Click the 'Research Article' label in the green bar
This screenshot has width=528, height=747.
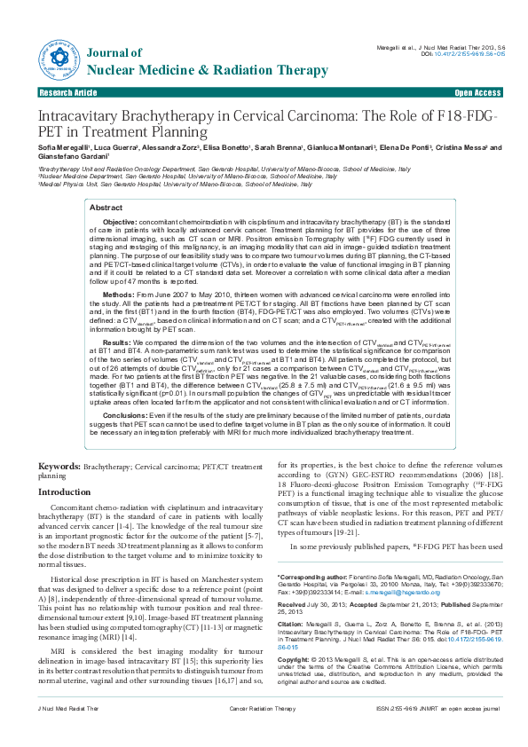[x=67, y=92]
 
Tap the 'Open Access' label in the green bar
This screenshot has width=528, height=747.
[x=477, y=92]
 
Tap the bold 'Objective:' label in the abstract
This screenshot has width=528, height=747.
[x=121, y=221]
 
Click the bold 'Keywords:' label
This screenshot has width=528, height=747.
[x=61, y=466]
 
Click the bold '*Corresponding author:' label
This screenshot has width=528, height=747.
[x=312, y=577]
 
